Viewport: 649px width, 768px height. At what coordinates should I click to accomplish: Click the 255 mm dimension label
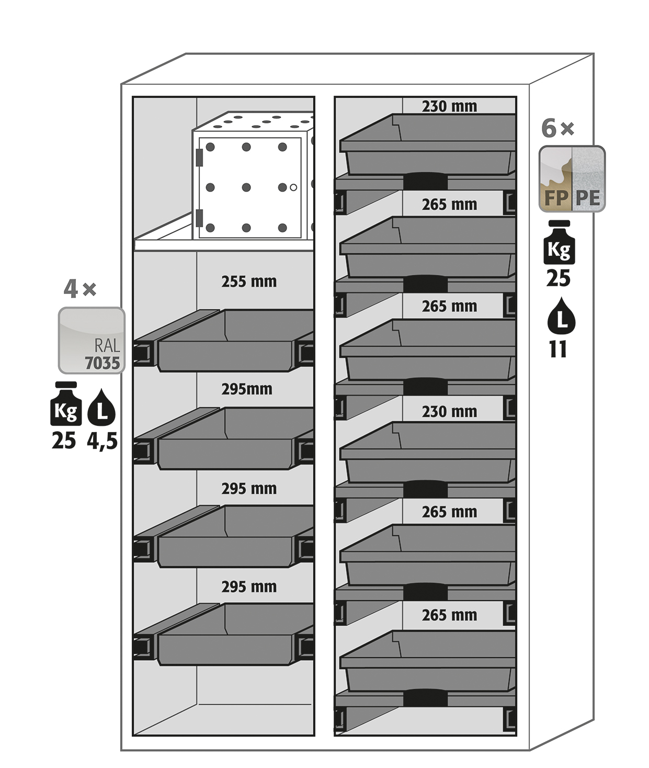248,281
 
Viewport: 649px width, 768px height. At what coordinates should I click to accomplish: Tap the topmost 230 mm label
449,106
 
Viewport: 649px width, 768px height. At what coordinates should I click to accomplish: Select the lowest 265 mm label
449,615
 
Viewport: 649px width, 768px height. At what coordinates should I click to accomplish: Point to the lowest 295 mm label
248,586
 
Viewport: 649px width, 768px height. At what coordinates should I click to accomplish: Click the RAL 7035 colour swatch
92,340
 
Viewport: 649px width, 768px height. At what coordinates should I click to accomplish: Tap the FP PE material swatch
572,179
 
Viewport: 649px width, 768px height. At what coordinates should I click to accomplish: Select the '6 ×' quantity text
557,128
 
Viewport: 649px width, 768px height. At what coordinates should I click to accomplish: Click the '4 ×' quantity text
79,288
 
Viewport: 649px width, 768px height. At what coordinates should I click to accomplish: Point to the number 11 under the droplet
558,349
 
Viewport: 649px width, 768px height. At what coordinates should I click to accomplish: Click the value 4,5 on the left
102,441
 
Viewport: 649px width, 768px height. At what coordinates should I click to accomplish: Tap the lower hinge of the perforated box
199,217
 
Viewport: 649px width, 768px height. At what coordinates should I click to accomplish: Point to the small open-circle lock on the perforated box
293,187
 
